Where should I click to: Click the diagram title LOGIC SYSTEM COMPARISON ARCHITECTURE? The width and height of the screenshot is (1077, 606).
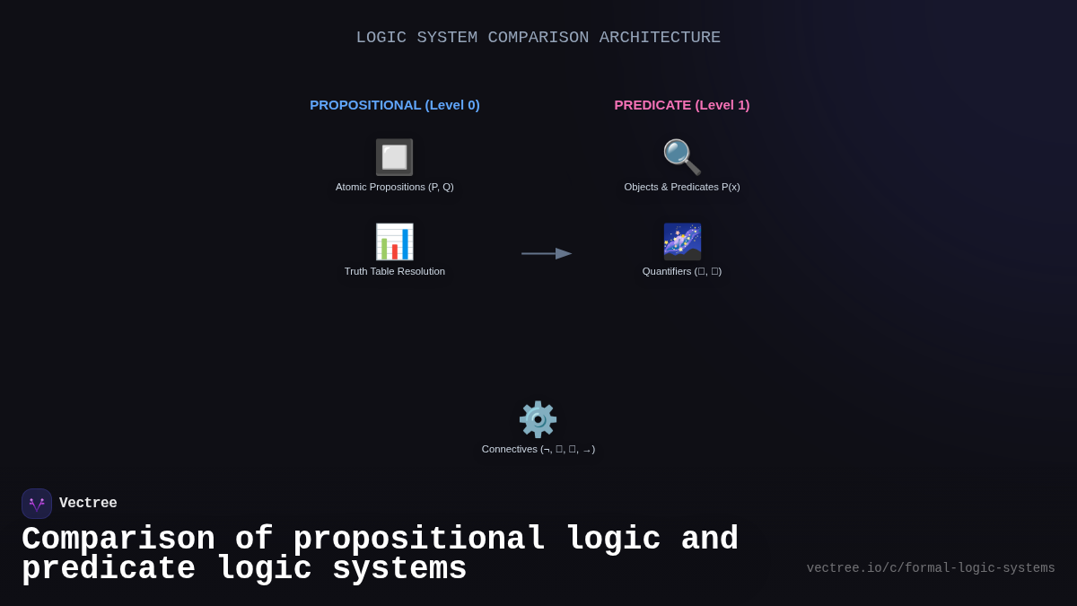538,38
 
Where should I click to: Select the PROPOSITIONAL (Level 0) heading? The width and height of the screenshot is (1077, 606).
395,105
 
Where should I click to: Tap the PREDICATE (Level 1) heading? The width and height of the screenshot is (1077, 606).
682,105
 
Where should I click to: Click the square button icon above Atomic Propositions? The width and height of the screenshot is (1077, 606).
395,157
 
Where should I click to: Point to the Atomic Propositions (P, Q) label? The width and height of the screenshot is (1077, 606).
395,187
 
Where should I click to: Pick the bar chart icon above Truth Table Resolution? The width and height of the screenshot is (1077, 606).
395,242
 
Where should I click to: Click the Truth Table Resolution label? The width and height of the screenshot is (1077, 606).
395,271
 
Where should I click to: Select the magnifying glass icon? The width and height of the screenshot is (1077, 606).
682,157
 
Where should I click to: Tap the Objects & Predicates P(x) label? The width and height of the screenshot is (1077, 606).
682,187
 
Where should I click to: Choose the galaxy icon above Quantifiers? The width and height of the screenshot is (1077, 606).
682,242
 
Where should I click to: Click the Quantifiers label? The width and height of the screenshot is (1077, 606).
682,271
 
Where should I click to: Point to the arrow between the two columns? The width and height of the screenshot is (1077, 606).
547,254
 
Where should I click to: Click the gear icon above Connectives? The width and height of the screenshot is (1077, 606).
538,419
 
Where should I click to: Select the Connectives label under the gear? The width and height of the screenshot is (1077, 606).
538,449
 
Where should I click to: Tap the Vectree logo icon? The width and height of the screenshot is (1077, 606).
37,504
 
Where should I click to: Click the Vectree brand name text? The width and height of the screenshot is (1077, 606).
88,504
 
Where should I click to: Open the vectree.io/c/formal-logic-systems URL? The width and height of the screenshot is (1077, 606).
931,568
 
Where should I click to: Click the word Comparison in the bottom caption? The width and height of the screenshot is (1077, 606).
118,540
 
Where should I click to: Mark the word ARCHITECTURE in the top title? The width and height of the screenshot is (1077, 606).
660,38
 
